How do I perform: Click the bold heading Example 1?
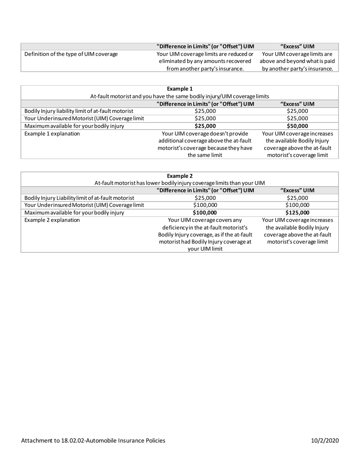tap(180, 89)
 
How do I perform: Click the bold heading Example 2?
tap(180, 176)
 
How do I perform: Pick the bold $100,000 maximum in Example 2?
tap(205, 213)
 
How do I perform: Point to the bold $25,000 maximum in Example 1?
tap(205, 126)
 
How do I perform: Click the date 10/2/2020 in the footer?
tap(325, 441)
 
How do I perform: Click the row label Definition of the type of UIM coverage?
tap(71, 54)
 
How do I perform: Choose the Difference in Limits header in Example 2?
tap(205, 190)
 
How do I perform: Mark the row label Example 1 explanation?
tap(52, 134)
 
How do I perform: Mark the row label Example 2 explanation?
tap(52, 220)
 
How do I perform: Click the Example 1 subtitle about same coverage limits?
tap(180, 97)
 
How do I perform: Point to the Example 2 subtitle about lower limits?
tap(180, 183)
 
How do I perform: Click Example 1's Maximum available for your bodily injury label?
tap(74, 126)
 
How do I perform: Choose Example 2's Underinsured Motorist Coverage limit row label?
tap(84, 205)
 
